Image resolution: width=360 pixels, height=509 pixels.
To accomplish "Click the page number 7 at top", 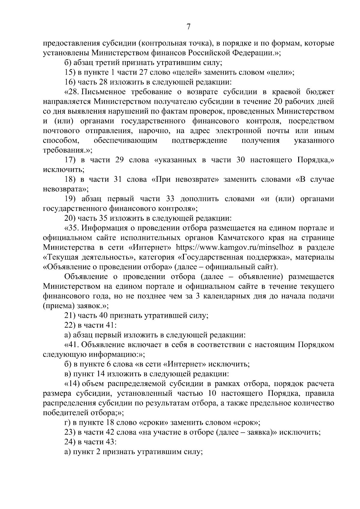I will tap(188, 27).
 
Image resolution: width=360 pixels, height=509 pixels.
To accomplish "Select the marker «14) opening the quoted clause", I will tap(72, 383).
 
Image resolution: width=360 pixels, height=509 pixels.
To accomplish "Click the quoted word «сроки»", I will tap(153, 422).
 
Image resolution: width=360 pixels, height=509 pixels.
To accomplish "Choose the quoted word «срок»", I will tap(246, 422).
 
